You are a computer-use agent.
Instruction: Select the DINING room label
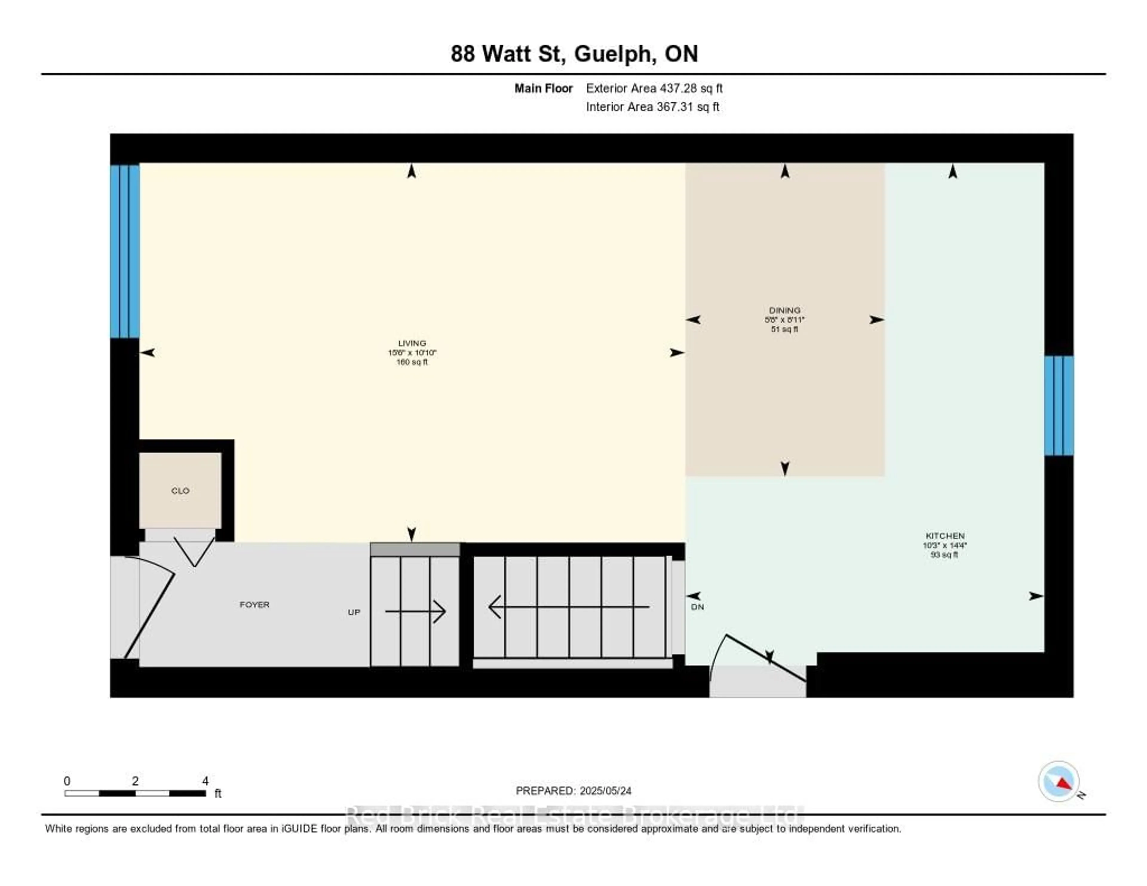coord(785,310)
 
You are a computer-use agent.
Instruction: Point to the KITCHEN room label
coord(945,536)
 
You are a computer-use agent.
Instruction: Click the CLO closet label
coord(180,490)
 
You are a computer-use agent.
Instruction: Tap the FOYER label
coord(254,605)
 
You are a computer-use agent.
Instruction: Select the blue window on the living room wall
coord(125,251)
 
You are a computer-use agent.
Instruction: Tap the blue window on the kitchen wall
coord(1059,405)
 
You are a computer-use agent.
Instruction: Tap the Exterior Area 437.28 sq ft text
coord(654,88)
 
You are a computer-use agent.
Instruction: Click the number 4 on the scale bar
coord(205,781)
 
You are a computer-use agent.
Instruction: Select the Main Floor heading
coord(543,88)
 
